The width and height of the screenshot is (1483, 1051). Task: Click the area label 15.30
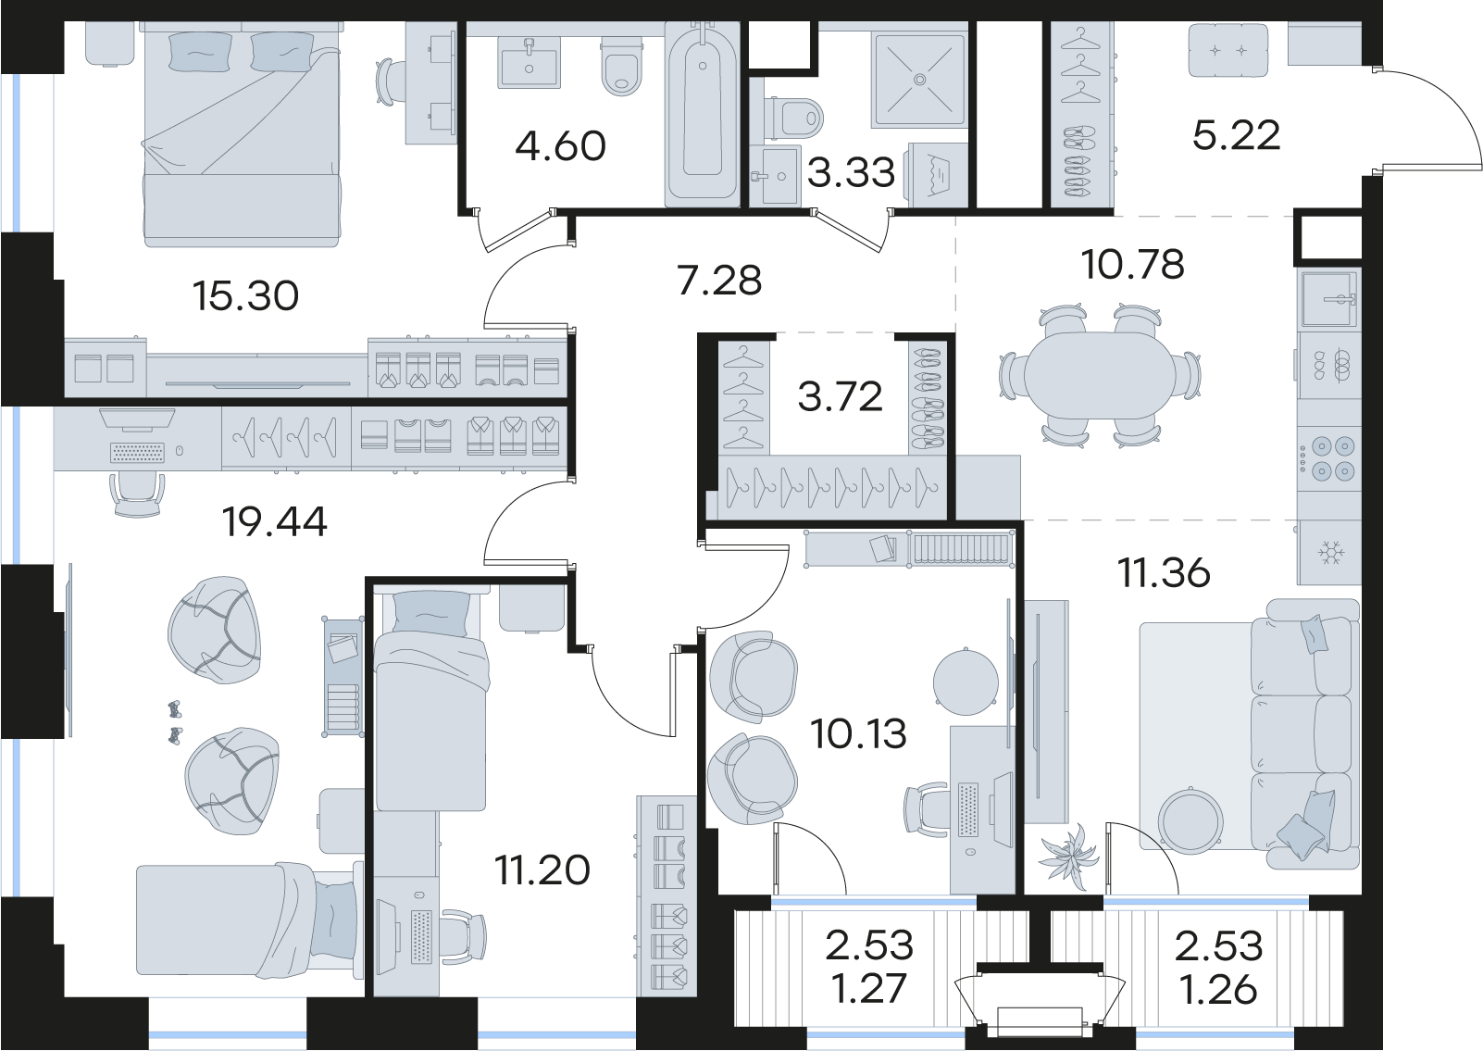coord(245,295)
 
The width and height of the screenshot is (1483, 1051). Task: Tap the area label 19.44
coord(275,521)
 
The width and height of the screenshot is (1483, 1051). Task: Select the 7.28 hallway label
coord(719,280)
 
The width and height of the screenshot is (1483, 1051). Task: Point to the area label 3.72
coord(840,396)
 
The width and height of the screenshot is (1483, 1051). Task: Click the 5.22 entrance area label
coord(1236,136)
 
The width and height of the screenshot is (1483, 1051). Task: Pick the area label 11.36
coord(1164,573)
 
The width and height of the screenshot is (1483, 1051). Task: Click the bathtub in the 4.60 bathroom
coord(703,114)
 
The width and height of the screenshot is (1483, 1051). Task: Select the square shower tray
coord(919,80)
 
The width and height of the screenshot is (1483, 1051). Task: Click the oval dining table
coord(1101,376)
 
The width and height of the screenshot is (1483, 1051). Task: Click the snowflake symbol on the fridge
coord(1328,552)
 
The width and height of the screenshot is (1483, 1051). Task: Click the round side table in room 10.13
coord(966,682)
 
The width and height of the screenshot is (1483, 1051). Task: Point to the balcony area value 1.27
coord(868,989)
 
